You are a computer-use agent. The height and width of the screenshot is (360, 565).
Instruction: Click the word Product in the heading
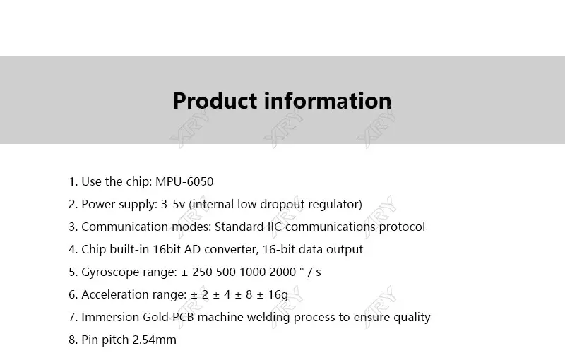click(215, 101)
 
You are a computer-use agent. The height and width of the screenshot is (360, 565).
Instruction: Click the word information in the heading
click(328, 100)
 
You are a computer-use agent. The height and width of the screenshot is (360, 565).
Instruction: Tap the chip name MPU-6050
click(184, 181)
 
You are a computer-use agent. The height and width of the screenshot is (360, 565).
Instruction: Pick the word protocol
click(402, 227)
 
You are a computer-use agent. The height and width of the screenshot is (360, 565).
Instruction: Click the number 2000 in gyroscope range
click(282, 272)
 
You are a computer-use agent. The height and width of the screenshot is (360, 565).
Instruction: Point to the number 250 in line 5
click(202, 272)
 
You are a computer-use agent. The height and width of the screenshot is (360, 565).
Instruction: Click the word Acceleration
click(115, 294)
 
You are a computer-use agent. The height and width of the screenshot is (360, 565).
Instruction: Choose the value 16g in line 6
click(278, 295)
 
